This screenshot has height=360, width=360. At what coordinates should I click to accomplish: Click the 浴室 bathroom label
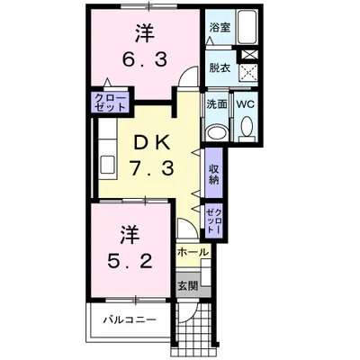220,27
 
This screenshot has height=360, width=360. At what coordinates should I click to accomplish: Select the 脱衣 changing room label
220,68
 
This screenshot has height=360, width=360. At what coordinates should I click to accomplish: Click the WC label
245,104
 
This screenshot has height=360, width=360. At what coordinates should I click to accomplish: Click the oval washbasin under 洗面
218,132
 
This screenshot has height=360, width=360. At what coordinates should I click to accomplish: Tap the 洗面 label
217,104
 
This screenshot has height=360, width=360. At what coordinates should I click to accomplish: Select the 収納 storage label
214,174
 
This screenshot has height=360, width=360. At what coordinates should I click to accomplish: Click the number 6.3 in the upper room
144,60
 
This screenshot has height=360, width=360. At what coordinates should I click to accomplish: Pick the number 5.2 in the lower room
130,262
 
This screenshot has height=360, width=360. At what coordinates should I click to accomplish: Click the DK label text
152,144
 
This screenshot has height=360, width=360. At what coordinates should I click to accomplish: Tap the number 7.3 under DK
152,167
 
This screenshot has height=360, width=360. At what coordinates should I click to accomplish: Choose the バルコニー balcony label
130,319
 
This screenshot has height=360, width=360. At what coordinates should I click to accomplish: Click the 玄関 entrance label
188,286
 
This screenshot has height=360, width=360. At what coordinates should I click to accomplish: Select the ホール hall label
193,252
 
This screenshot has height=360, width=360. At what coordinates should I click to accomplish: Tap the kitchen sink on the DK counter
107,165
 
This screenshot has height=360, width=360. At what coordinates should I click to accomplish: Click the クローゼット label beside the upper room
110,103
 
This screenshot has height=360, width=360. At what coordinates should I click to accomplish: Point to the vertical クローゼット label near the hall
214,220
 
